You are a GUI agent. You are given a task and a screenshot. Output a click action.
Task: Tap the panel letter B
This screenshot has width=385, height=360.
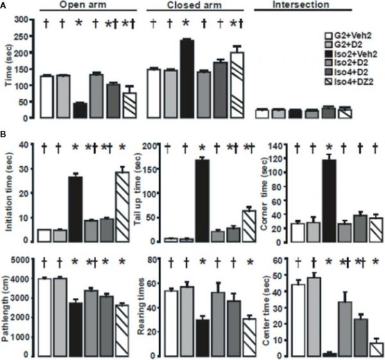coord(4,137)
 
